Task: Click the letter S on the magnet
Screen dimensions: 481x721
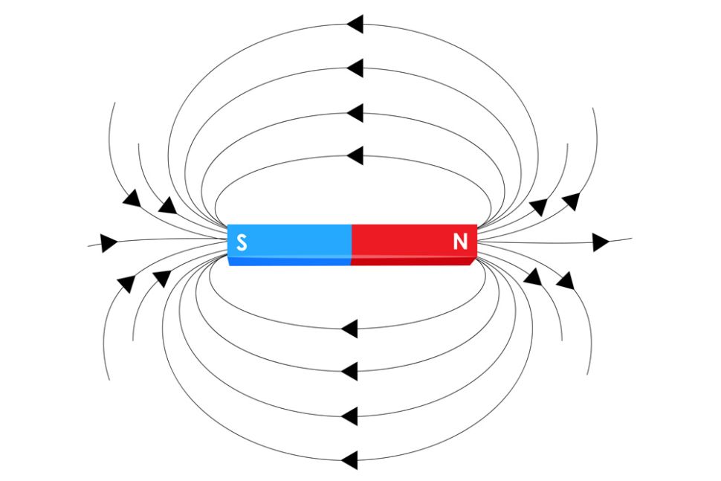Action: pyautogui.click(x=242, y=242)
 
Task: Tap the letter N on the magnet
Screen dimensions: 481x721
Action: pyautogui.click(x=460, y=242)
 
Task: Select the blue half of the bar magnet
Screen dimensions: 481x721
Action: pyautogui.click(x=290, y=242)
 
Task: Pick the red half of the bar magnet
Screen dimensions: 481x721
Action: pyautogui.click(x=413, y=242)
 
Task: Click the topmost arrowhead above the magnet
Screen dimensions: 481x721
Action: pyautogui.click(x=355, y=25)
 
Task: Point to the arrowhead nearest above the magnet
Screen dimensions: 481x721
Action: pyautogui.click(x=355, y=156)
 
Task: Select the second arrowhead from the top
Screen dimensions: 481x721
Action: pyautogui.click(x=355, y=69)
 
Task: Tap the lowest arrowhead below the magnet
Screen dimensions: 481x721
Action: pyautogui.click(x=349, y=459)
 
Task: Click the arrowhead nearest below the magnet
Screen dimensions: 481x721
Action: pyautogui.click(x=349, y=328)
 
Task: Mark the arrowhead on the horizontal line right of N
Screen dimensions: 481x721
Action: pyautogui.click(x=601, y=242)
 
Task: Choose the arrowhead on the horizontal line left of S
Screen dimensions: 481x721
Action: pyautogui.click(x=109, y=242)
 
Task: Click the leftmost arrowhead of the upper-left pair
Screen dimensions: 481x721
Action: pyautogui.click(x=132, y=198)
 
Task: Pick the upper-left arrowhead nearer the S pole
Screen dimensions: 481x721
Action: pyautogui.click(x=168, y=205)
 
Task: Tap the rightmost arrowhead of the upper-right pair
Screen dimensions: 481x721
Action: pyautogui.click(x=571, y=201)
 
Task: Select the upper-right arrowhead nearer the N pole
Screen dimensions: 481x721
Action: pyautogui.click(x=538, y=207)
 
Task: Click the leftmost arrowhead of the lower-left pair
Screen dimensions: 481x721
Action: pyautogui.click(x=126, y=283)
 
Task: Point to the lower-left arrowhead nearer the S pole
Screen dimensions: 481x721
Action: pyautogui.click(x=161, y=278)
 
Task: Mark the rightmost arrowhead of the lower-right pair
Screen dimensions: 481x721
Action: pyautogui.click(x=565, y=281)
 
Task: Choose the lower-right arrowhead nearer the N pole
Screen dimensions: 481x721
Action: pyautogui.click(x=532, y=277)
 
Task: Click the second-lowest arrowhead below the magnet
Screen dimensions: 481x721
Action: pyautogui.click(x=349, y=414)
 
